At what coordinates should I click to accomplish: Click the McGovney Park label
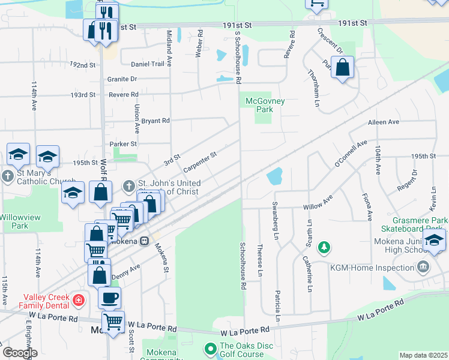coord(265,106)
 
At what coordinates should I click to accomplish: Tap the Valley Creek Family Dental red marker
coord(77,299)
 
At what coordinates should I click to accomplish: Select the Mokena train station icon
coord(144,241)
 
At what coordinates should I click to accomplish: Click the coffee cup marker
coord(109,297)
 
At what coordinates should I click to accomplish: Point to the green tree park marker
coord(324,247)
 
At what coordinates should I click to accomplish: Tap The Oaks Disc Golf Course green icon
coord(210,348)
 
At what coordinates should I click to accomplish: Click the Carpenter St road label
coord(200,160)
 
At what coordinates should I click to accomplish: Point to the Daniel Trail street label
coord(147,64)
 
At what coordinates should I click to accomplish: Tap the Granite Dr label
coord(122,79)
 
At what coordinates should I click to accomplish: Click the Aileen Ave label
coord(384,122)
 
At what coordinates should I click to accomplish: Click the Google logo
coord(19,353)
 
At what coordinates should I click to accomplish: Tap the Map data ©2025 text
coord(423,355)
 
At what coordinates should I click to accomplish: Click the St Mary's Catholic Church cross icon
coord(7,176)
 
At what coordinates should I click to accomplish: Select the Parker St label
coord(124,144)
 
